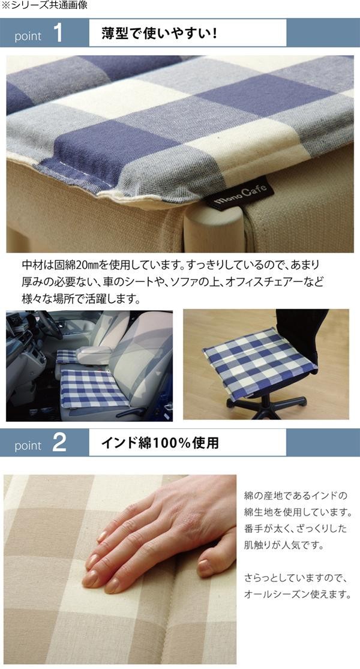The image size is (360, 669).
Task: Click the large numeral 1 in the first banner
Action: click(58, 33)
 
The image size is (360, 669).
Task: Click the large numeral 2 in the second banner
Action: click(59, 443)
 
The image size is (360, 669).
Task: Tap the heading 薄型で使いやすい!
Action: click(160, 33)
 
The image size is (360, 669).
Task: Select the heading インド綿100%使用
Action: click(160, 443)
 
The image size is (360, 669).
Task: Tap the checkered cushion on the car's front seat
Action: click(93, 388)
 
